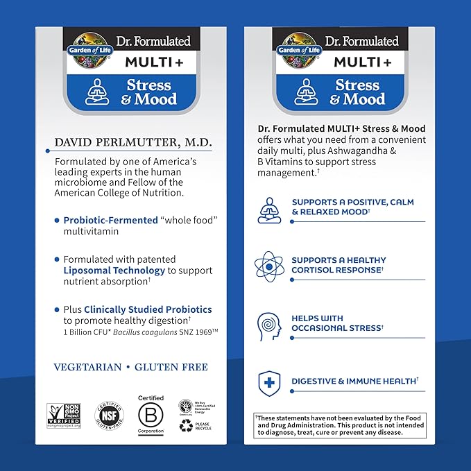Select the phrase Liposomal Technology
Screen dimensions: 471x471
coord(114,271)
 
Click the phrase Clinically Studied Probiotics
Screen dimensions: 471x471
coord(148,309)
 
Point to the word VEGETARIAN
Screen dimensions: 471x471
coord(87,367)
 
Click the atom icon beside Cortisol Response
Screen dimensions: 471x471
coord(268,266)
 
